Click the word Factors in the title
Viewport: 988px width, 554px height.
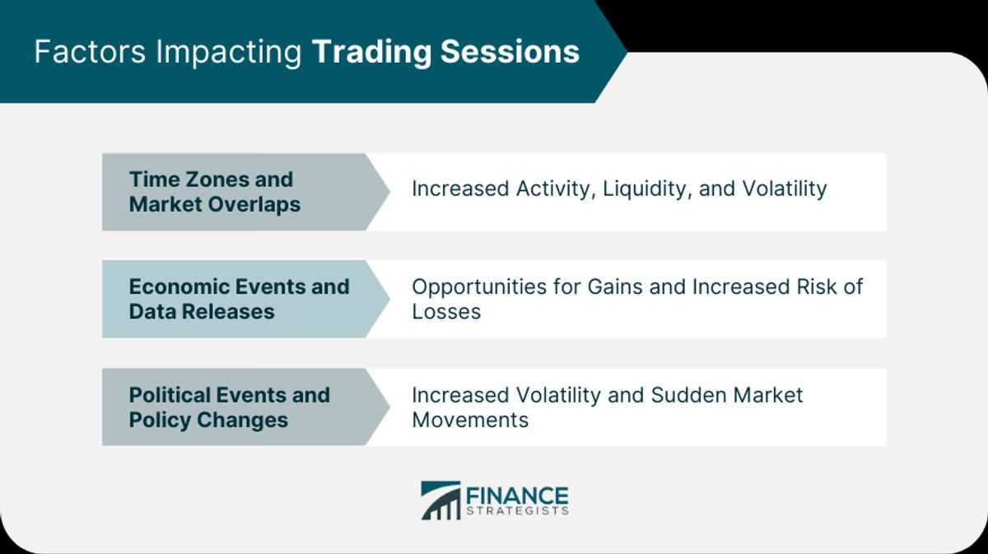pos(90,52)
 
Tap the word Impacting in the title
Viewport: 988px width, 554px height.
pos(229,54)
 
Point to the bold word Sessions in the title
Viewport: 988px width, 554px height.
pos(510,52)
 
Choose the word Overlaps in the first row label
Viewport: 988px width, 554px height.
pos(254,205)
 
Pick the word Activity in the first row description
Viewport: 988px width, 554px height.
pos(557,189)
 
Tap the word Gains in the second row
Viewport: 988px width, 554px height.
pos(615,286)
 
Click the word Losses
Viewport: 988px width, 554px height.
pos(446,312)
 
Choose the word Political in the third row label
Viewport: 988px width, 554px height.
pos(174,395)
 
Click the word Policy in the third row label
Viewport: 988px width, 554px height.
pos(160,421)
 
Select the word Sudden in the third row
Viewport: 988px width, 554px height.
pos(688,395)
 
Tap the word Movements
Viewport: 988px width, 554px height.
pos(470,420)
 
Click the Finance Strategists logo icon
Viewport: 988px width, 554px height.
pos(440,500)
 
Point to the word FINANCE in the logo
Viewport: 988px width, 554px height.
pos(517,496)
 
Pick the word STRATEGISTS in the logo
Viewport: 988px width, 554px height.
pos(517,510)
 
